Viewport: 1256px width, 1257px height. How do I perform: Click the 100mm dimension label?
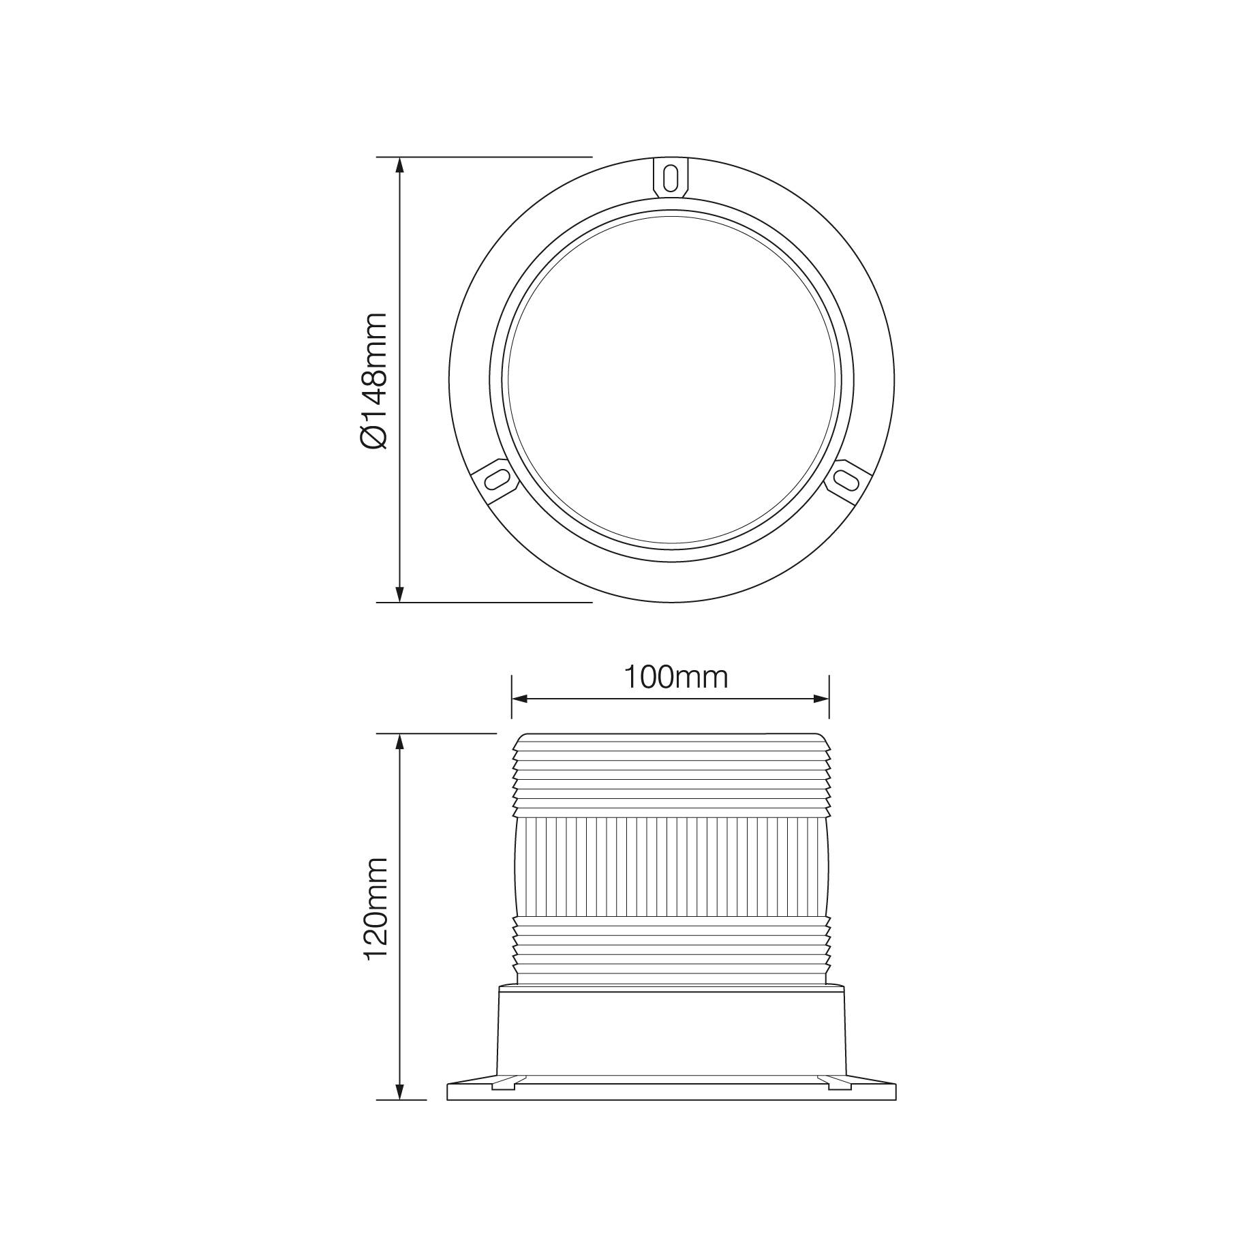click(x=676, y=677)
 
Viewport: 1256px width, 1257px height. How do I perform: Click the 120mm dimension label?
click(x=375, y=909)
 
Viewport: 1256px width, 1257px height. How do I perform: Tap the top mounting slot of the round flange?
click(x=671, y=179)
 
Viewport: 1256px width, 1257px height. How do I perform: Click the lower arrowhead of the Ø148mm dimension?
click(x=400, y=594)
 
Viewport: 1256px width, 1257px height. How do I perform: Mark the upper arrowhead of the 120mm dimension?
click(x=400, y=742)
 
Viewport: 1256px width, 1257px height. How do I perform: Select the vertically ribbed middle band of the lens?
click(x=671, y=866)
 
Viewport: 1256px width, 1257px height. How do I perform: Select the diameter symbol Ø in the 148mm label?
click(x=373, y=437)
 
